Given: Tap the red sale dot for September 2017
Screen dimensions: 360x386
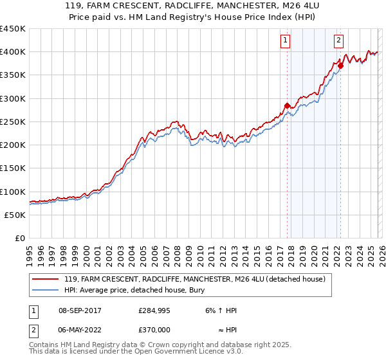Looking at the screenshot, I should coord(287,105).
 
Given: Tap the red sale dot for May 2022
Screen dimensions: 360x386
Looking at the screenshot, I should coord(340,66).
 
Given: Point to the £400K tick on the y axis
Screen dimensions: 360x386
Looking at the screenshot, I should coord(13,52).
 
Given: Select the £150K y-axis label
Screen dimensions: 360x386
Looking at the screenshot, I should coord(13,168).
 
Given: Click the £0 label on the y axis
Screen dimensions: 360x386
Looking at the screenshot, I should coord(20,239).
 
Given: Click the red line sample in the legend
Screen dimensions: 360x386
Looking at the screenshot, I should coord(46,279).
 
